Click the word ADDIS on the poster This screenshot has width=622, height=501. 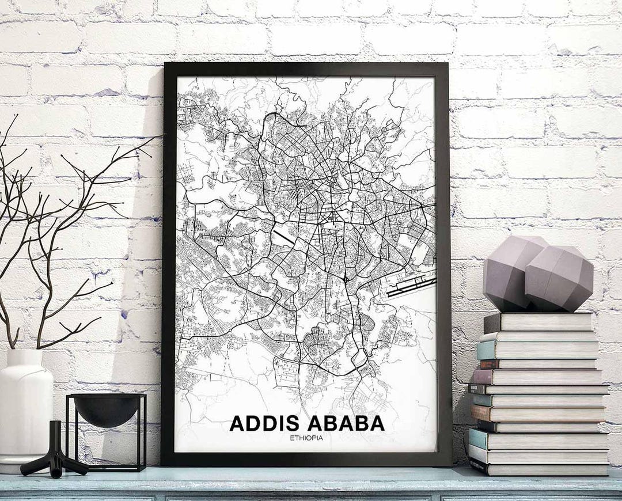pos(265,423)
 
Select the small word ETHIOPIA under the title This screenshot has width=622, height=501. pos(306,438)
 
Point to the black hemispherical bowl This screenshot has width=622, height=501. pos(106,409)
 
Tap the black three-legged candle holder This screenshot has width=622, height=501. pos(55,455)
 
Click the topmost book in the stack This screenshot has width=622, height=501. pos(538,322)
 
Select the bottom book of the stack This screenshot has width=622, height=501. pos(538,468)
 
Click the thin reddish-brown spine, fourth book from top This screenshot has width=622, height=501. pos(490,364)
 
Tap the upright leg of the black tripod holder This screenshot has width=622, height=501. pos(55,438)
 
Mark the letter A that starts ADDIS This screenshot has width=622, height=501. pos(237,423)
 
